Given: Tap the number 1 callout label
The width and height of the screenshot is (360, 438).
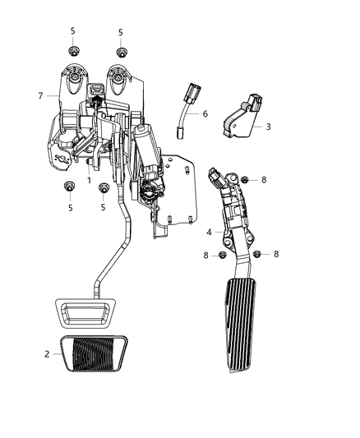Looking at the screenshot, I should [x=89, y=178].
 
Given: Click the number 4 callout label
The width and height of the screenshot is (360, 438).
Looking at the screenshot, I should [x=209, y=233].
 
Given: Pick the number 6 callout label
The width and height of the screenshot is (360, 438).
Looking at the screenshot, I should [x=205, y=114].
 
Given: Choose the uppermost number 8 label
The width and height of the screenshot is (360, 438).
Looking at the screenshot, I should [x=264, y=179].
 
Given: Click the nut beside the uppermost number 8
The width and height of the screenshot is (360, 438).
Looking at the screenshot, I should [x=244, y=179].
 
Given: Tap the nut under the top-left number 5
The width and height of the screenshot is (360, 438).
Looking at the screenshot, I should [x=73, y=51].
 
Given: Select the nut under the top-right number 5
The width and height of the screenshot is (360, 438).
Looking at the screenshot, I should [x=121, y=52].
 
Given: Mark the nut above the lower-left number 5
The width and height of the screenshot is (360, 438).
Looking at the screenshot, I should [x=68, y=189].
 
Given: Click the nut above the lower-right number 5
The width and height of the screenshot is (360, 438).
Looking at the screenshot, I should [x=104, y=189].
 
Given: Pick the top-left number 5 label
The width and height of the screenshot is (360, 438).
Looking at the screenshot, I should [x=72, y=31].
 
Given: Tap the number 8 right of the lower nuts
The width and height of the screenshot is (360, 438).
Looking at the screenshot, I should [x=276, y=255].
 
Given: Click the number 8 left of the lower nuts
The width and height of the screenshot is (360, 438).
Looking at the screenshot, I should [x=206, y=256].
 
